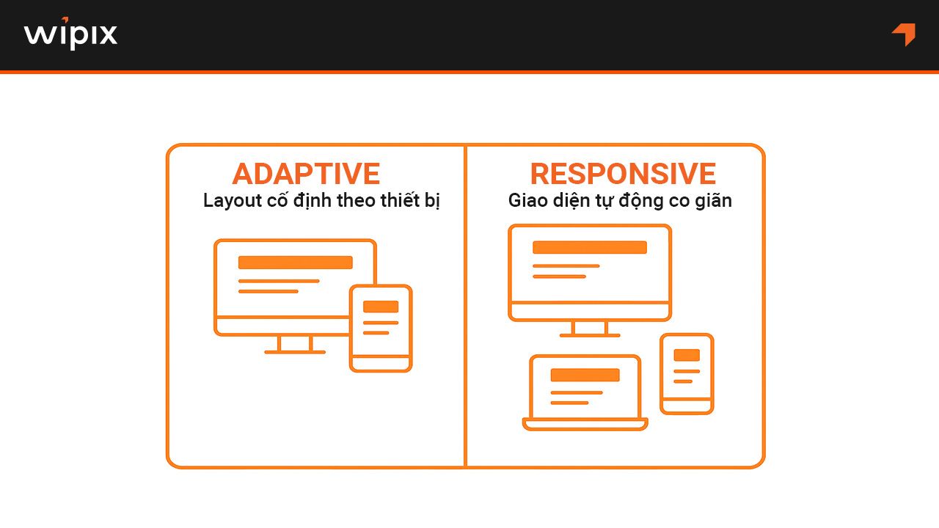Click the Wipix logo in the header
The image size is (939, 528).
(70, 34)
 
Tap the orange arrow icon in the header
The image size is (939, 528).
(904, 34)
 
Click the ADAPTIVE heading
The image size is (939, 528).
(306, 174)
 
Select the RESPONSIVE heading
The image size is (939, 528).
(623, 174)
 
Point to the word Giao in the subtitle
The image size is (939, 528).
(527, 201)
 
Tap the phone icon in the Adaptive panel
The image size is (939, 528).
(381, 328)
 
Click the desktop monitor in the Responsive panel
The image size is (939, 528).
(590, 272)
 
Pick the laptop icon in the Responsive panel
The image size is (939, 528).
(585, 392)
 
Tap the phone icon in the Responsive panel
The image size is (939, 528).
(687, 373)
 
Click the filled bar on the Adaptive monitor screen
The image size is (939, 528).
(295, 263)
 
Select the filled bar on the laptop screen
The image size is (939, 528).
(585, 375)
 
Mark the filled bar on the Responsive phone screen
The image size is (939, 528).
(687, 355)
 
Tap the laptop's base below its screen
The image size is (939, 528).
(585, 424)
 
